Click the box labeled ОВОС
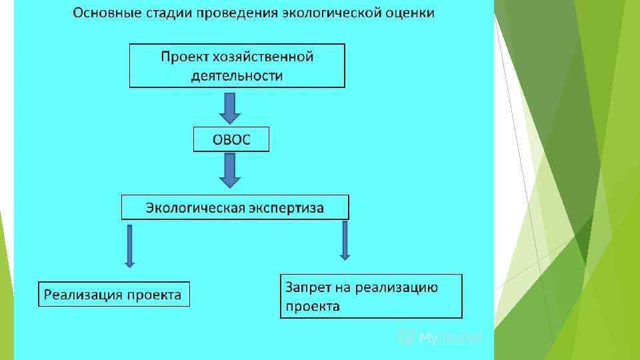coord(231,140)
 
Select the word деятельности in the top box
coord(237,75)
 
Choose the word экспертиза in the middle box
coord(287,207)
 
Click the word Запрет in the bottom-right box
coord(307,287)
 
